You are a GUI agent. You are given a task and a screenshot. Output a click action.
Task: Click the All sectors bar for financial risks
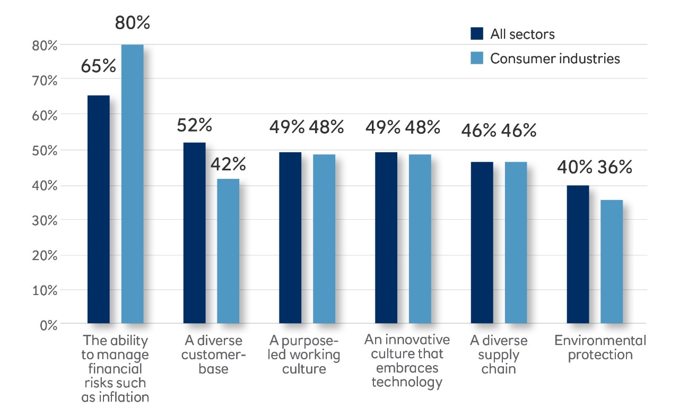99,209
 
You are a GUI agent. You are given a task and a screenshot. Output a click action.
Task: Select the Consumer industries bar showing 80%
132,184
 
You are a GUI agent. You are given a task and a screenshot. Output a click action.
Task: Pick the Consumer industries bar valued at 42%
228,250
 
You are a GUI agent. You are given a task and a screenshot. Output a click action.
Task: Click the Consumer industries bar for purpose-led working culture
324,238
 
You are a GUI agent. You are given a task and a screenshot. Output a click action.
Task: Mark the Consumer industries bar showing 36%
612,261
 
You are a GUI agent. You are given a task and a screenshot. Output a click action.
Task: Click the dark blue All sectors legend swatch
477,34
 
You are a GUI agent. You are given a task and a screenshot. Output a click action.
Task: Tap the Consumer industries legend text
555,58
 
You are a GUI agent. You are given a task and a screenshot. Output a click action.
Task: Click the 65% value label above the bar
98,66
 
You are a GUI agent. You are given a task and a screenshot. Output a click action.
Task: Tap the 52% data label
194,125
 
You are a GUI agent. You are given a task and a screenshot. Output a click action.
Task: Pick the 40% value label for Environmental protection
574,168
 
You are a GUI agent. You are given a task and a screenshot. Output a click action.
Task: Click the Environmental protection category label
600,348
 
